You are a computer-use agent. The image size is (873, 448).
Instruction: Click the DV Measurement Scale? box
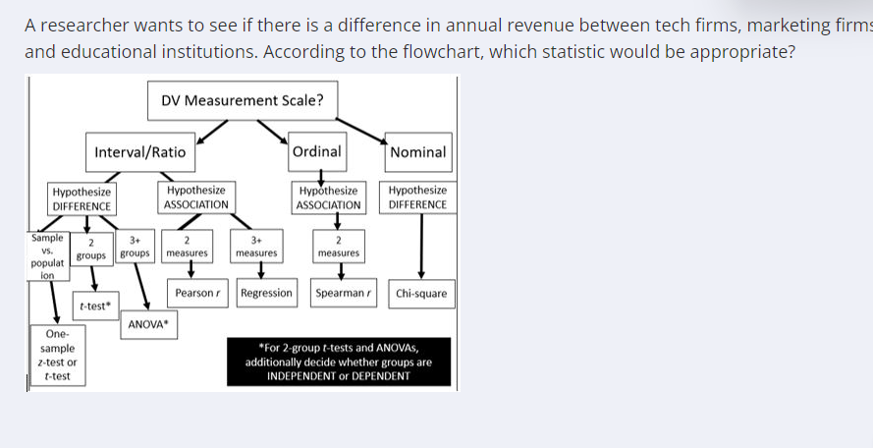point(243,101)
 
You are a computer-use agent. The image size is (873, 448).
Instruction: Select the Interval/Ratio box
point(140,152)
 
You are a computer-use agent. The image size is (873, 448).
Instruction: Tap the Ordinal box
point(317,151)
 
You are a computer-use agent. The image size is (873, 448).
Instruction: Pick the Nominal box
point(418,152)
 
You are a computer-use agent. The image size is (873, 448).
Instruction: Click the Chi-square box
point(421,294)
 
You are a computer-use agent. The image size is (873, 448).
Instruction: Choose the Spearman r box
point(344,293)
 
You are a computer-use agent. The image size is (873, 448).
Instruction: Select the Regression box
point(266,293)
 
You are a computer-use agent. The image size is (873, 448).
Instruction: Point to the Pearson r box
point(197,293)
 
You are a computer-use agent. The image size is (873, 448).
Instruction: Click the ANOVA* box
point(148,325)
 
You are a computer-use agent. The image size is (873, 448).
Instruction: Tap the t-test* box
point(96,306)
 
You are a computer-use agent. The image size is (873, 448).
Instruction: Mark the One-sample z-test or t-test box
point(58,356)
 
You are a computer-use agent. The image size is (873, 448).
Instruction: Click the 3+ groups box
point(136,247)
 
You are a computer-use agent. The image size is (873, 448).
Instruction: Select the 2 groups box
point(91,250)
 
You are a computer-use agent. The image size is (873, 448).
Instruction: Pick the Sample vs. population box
point(48,256)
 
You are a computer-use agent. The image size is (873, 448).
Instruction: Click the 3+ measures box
point(256,247)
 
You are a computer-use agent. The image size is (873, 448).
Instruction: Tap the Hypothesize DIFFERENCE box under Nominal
point(417,197)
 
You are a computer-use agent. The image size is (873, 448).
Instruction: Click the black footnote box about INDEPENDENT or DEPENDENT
point(339,362)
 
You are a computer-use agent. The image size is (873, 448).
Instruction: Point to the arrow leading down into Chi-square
point(421,247)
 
